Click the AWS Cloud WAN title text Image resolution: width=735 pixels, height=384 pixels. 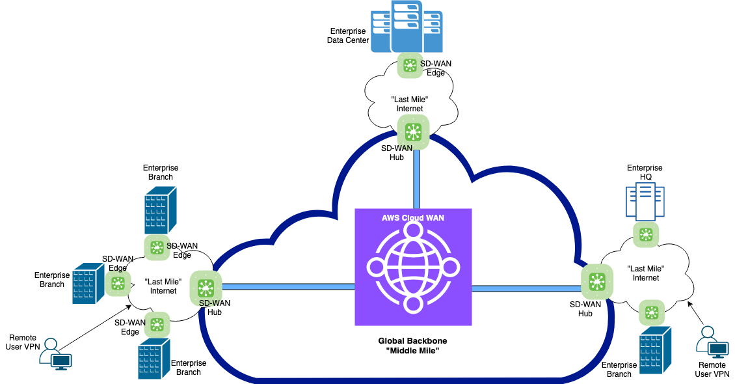[x=413, y=217]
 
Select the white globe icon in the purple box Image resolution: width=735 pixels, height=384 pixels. [x=413, y=267]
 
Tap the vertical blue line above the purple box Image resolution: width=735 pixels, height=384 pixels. [x=416, y=179]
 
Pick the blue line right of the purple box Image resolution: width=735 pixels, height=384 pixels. [x=526, y=288]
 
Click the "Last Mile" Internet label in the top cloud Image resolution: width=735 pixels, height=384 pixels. [x=410, y=104]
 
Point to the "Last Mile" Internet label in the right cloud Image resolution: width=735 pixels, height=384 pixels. [x=646, y=273]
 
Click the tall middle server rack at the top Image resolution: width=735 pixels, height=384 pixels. [x=407, y=26]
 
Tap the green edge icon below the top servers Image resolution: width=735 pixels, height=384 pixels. [x=410, y=65]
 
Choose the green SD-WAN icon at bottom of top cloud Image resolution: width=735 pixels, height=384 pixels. [x=413, y=132]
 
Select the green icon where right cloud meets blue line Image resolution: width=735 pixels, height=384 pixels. [x=596, y=282]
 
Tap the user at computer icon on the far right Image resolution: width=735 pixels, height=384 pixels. [x=712, y=342]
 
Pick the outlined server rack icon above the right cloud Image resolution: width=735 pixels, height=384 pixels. [x=645, y=200]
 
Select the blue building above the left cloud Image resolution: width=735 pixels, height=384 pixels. [x=160, y=210]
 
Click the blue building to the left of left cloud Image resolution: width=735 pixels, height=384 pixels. [x=88, y=283]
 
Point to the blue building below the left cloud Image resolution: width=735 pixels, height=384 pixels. [x=154, y=358]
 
